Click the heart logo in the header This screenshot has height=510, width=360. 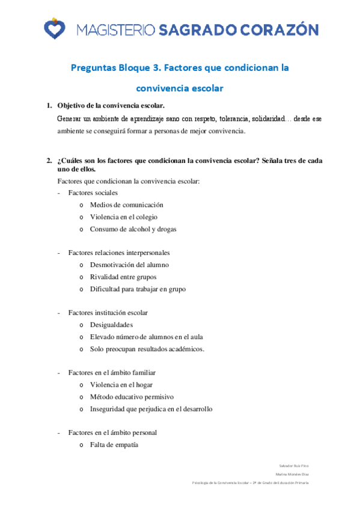55,28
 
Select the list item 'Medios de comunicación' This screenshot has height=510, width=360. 126,205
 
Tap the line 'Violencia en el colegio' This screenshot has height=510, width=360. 124,217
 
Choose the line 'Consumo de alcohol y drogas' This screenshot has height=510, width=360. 133,229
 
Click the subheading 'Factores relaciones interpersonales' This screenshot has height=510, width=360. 119,253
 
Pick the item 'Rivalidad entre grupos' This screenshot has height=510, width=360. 123,277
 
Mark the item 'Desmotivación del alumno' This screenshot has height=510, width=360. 129,265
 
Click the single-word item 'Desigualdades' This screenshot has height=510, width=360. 111,325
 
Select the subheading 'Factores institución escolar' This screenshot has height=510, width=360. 108,313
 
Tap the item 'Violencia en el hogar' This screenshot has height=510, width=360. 121,384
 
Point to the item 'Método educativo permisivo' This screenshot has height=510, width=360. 132,396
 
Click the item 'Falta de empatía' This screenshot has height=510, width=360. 114,444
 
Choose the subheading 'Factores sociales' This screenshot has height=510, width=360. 93,193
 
